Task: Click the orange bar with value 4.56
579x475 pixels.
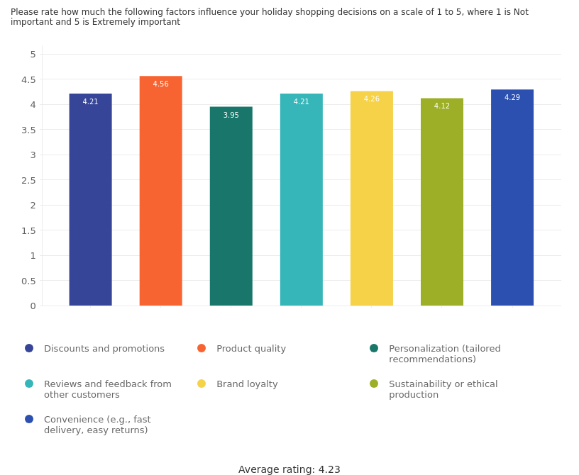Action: click(x=160, y=191)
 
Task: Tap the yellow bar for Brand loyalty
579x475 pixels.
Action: click(x=371, y=199)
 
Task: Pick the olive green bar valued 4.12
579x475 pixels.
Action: click(x=441, y=203)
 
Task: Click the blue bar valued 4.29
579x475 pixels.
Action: click(x=512, y=199)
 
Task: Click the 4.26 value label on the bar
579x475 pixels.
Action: click(x=371, y=99)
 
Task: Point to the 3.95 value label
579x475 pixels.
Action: click(x=231, y=116)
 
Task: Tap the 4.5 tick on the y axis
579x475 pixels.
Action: click(x=28, y=79)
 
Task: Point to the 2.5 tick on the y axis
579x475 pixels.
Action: click(x=28, y=180)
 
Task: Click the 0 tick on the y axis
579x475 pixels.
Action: click(x=33, y=306)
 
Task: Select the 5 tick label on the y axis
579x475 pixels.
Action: click(x=33, y=55)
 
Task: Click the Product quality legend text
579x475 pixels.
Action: click(x=251, y=349)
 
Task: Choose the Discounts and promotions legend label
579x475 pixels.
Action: click(x=104, y=349)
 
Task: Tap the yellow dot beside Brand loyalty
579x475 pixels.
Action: click(x=202, y=384)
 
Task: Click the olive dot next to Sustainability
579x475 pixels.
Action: click(x=374, y=384)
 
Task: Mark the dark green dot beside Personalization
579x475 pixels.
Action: click(x=374, y=348)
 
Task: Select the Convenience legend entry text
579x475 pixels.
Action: click(x=97, y=425)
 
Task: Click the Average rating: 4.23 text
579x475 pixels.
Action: click(x=289, y=469)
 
